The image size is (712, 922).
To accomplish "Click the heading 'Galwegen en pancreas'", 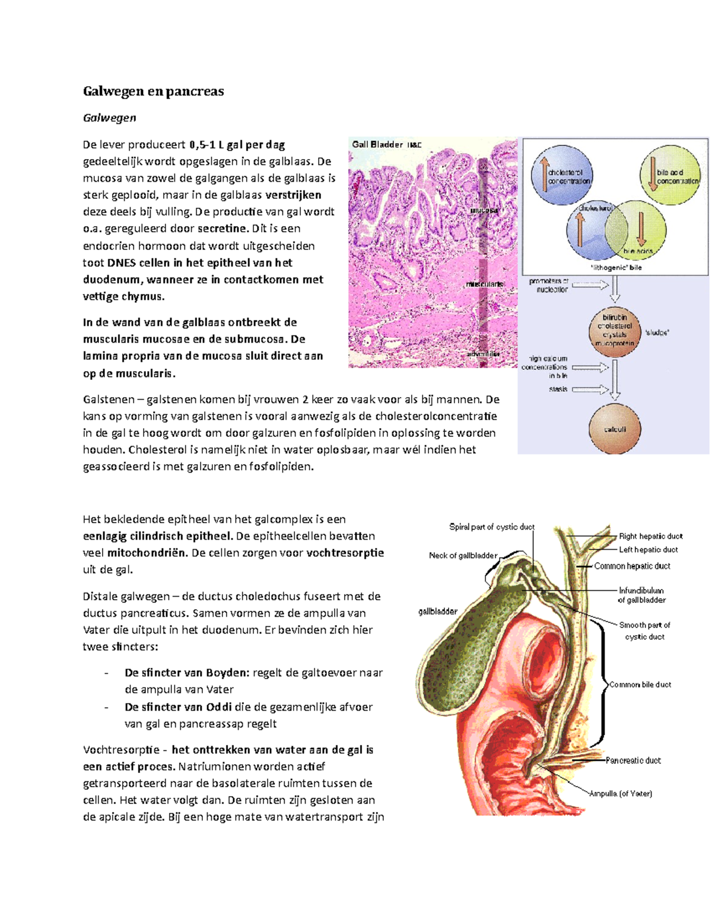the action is [x=153, y=91].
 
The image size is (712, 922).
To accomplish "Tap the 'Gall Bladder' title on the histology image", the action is [x=377, y=144].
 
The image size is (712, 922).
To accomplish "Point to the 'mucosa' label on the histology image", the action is [x=484, y=211].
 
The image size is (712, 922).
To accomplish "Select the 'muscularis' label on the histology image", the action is [x=484, y=284].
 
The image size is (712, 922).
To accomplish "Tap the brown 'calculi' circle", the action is [x=615, y=429].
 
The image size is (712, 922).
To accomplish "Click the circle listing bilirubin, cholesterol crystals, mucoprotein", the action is [x=615, y=331].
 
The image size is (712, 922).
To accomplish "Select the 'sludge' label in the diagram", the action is [x=656, y=332].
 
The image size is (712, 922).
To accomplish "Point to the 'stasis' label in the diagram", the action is [x=558, y=389].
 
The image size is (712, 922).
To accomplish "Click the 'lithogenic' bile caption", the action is [x=616, y=268].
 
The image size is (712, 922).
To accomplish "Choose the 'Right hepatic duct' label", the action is [x=650, y=536].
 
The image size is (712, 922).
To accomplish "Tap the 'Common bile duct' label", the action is [x=640, y=685].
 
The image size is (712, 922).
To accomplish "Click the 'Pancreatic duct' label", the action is [x=633, y=761].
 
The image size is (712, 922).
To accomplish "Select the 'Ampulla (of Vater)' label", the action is [x=621, y=794].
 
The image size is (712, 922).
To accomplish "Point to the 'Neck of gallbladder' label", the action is [x=463, y=556].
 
